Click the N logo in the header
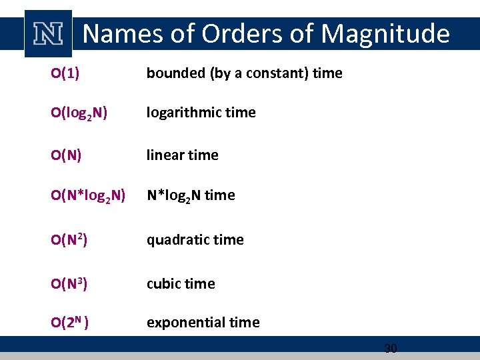(48, 33)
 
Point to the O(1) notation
(65, 73)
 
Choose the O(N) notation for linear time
(66, 155)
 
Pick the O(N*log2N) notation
(87, 195)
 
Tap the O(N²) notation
(69, 239)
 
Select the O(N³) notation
(69, 283)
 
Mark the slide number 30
(391, 348)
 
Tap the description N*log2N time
(191, 195)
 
